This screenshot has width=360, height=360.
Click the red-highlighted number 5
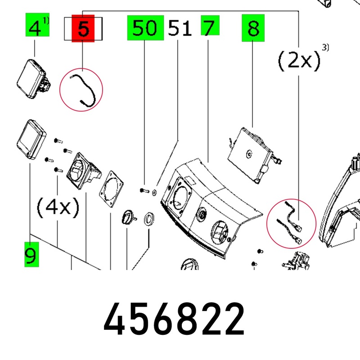point(83,29)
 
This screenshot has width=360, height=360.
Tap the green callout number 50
point(145,28)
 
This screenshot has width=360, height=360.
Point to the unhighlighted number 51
point(180,28)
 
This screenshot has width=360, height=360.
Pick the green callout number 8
point(253,28)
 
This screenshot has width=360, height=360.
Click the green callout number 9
point(31,255)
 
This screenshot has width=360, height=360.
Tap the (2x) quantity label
point(299,61)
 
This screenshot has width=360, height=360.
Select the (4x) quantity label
point(58,207)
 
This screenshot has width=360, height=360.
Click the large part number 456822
point(174,319)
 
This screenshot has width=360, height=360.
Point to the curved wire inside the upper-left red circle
point(83,91)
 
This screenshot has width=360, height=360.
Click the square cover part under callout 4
point(33,79)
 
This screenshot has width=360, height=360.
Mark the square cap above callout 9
point(31,139)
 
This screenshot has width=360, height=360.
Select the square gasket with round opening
point(111,189)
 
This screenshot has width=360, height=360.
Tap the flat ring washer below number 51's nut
point(149,219)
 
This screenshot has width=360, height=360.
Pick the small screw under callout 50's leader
point(144,190)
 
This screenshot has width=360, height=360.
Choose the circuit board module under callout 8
point(254,156)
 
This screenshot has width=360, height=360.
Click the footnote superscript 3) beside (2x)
point(325,47)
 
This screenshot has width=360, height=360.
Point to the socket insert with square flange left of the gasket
point(84,171)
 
